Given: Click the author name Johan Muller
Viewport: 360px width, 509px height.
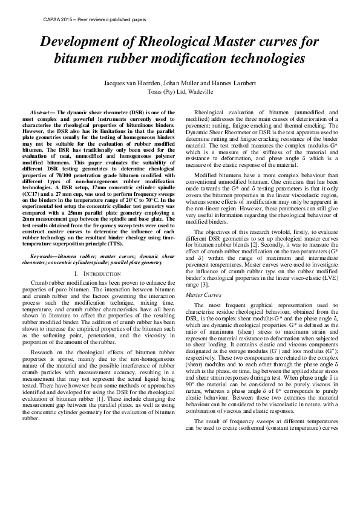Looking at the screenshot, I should [x=170, y=82].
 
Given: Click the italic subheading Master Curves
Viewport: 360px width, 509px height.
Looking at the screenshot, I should [x=203, y=294].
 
